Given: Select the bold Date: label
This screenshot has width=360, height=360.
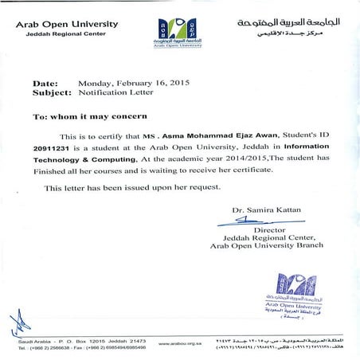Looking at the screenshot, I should (x=45, y=83).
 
